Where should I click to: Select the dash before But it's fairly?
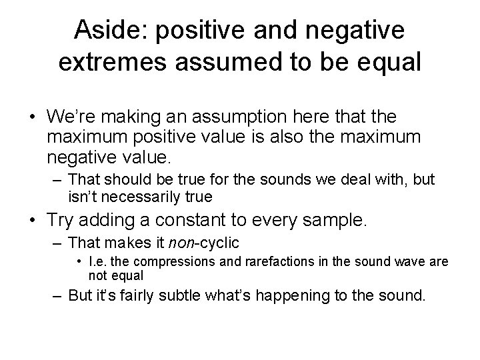57,295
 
